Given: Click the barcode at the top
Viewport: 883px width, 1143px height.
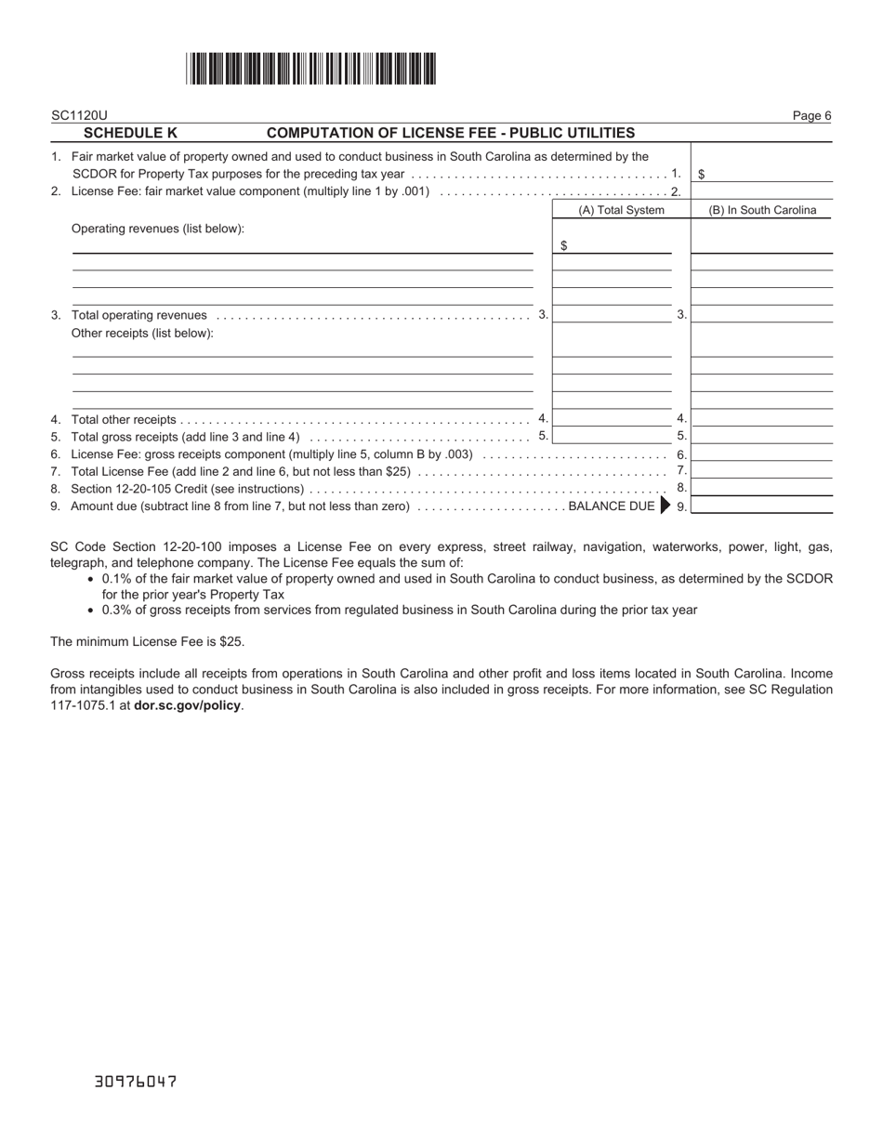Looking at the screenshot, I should tap(310, 70).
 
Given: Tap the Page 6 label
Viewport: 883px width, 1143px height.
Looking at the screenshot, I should tap(811, 116).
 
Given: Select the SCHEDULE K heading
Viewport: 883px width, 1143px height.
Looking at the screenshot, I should tap(130, 133).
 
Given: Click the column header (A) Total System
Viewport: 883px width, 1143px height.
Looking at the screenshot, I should tap(621, 210).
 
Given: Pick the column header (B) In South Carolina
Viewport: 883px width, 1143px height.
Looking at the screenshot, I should tap(762, 210).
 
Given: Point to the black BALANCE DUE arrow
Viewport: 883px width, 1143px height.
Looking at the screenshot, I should tap(665, 506).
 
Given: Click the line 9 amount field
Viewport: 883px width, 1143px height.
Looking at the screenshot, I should tap(762, 506).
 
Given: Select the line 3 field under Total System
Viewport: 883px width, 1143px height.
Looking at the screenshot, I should tap(612, 314).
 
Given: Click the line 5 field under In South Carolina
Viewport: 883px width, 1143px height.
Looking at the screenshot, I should tap(762, 435).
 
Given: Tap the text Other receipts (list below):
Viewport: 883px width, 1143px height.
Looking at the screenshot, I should tap(142, 333).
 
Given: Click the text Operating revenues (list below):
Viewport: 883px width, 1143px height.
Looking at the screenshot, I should tap(158, 229).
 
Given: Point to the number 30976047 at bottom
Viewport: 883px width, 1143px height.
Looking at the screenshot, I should tap(136, 1082).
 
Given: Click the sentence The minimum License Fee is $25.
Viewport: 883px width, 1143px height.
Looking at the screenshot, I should tap(148, 641).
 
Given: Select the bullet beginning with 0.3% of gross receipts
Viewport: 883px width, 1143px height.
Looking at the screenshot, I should tap(400, 610).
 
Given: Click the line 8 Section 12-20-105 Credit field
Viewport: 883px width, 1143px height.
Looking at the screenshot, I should tap(762, 488).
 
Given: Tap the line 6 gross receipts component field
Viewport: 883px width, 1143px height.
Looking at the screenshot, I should tap(762, 453).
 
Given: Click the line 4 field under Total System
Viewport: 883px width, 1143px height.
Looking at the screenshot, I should tap(612, 418).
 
